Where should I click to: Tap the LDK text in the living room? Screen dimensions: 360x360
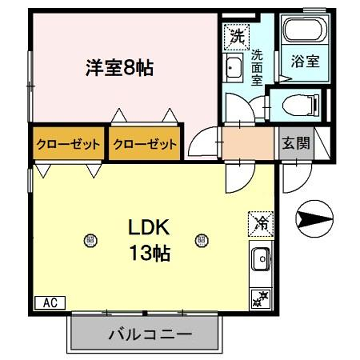(148, 225)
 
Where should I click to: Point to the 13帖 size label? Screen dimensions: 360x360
(148, 253)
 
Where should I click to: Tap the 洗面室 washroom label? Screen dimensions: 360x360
(256, 68)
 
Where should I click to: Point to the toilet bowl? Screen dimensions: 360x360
(299, 105)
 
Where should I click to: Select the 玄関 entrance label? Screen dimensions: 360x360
(294, 143)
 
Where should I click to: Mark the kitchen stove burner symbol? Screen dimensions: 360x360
(262, 297)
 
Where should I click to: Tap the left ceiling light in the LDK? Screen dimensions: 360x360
(92, 239)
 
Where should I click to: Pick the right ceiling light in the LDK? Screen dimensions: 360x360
(203, 239)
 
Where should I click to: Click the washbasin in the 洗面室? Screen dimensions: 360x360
(233, 69)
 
